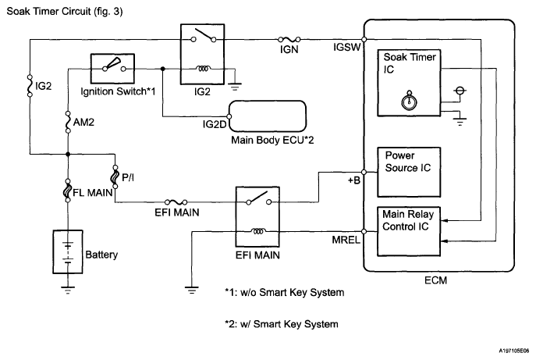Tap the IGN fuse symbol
(x=286, y=38)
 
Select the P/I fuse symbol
(x=115, y=179)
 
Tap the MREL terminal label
(x=344, y=241)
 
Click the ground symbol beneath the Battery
(x=69, y=290)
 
